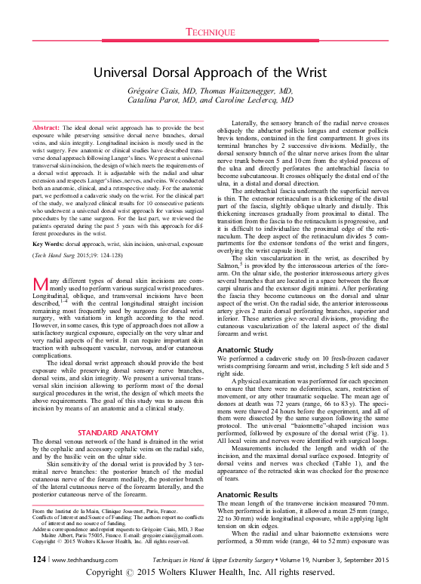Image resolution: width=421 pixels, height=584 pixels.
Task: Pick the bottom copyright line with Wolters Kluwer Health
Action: tap(210, 574)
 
